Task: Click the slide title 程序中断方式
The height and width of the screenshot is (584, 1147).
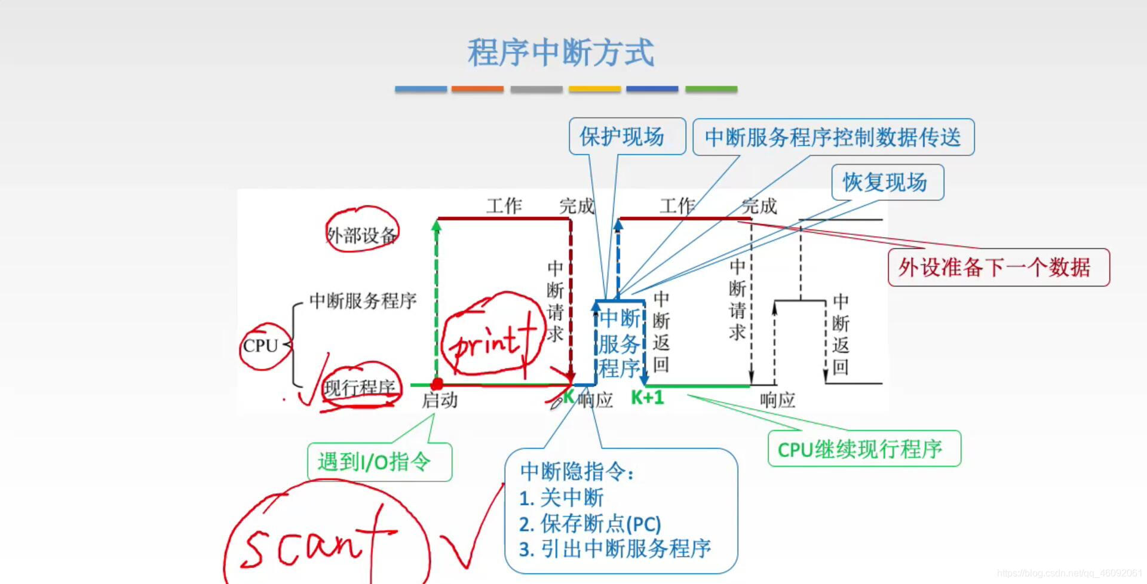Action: coord(560,53)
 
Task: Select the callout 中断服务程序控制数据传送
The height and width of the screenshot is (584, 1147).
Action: coord(833,137)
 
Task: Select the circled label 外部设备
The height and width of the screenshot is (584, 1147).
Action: coord(361,234)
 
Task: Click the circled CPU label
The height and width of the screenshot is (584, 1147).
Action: coord(261,346)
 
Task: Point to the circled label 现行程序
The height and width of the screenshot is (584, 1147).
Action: coord(360,388)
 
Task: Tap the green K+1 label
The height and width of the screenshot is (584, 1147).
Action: coord(648,398)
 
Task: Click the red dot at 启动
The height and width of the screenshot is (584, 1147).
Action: coord(437,384)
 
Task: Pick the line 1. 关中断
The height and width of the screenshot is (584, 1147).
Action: coord(562,497)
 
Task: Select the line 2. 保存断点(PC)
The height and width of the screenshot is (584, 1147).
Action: coord(590,524)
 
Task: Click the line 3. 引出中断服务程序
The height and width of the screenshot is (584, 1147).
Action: coord(615,549)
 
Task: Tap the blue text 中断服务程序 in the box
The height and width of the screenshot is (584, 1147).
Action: coord(620,343)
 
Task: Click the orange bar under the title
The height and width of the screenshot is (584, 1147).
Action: coord(477,89)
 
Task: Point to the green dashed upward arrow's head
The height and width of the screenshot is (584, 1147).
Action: coord(437,225)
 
